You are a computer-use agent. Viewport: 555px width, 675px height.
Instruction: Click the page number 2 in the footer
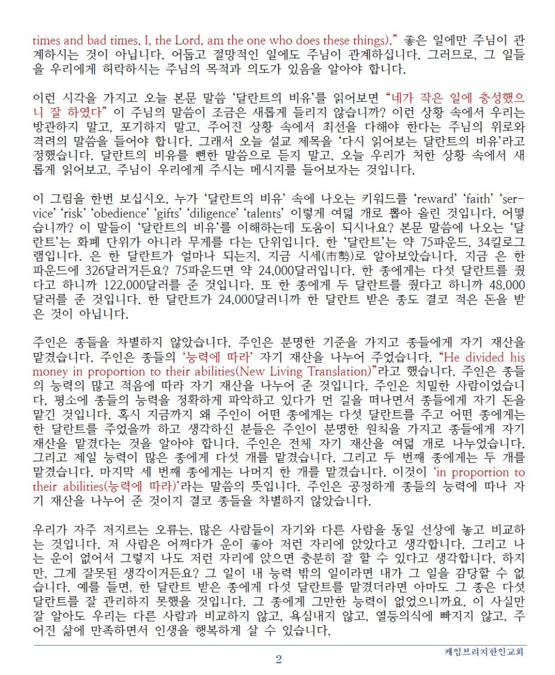click(279, 659)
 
